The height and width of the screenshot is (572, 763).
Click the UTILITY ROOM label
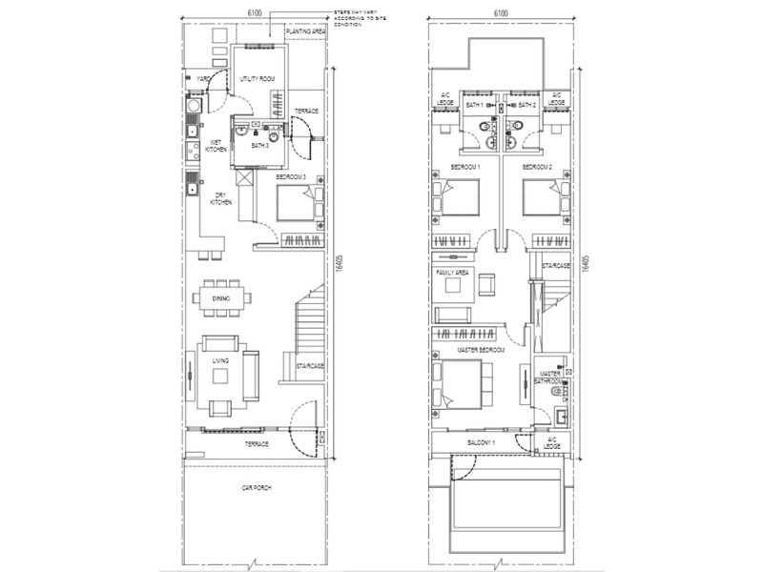click(x=258, y=79)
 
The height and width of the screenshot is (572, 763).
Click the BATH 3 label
click(x=259, y=147)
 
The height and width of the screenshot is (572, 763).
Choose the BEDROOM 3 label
click(x=292, y=177)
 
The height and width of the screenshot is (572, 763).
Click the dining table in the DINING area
click(x=223, y=298)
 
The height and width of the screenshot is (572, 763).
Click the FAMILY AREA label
click(x=450, y=273)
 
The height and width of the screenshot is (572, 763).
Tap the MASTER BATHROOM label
click(x=550, y=378)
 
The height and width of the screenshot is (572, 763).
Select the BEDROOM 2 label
click(x=537, y=168)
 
